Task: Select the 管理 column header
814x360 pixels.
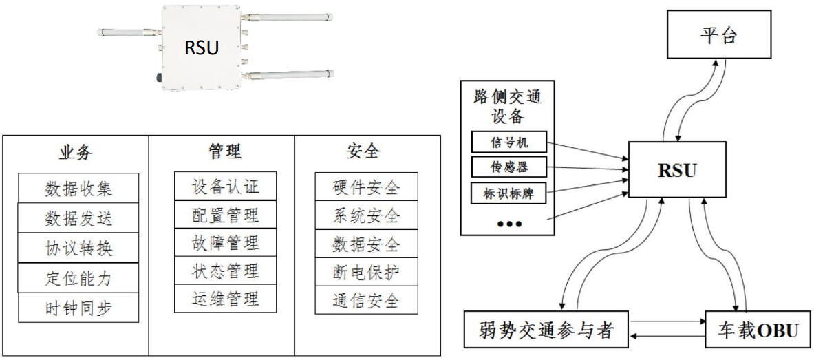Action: [x=225, y=151]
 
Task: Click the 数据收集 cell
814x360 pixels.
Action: [x=78, y=188]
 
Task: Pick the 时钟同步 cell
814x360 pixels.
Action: [x=78, y=308]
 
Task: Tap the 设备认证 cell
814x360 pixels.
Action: [x=224, y=187]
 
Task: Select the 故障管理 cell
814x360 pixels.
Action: [x=224, y=243]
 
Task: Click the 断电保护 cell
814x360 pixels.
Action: [x=357, y=273]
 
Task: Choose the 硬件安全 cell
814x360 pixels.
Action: [x=357, y=187]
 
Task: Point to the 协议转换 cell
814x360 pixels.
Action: [x=78, y=248]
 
